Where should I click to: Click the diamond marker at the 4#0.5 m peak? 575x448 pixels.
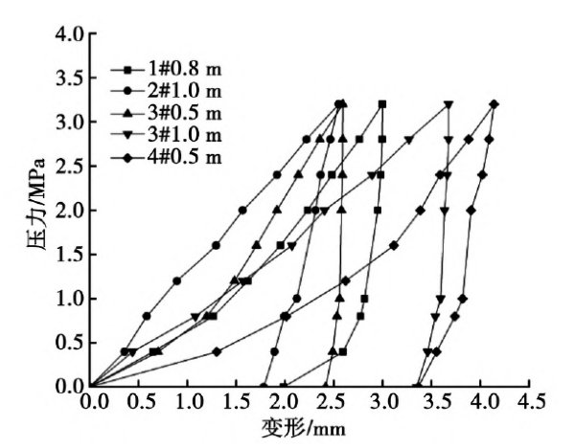click(494, 104)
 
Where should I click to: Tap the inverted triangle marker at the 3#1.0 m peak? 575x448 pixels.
click(448, 104)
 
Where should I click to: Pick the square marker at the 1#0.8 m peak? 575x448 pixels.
click(382, 104)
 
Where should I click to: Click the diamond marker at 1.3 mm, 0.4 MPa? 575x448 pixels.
click(217, 351)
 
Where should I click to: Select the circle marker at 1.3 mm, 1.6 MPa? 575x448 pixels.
click(216, 245)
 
